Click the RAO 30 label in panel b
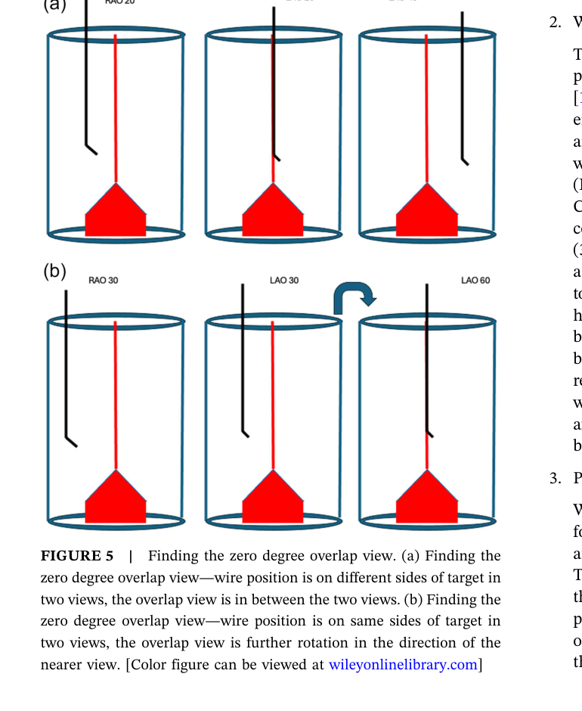[x=103, y=281]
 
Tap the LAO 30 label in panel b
[x=284, y=281]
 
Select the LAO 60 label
[x=475, y=281]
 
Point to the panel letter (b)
[x=54, y=271]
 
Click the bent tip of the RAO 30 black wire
[x=72, y=442]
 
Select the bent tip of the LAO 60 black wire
[x=430, y=435]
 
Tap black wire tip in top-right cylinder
[x=465, y=161]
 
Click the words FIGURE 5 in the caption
[x=77, y=557]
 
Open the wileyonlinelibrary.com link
[x=403, y=665]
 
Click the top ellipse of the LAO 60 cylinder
[x=427, y=321]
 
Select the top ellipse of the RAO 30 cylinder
[x=116, y=321]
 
